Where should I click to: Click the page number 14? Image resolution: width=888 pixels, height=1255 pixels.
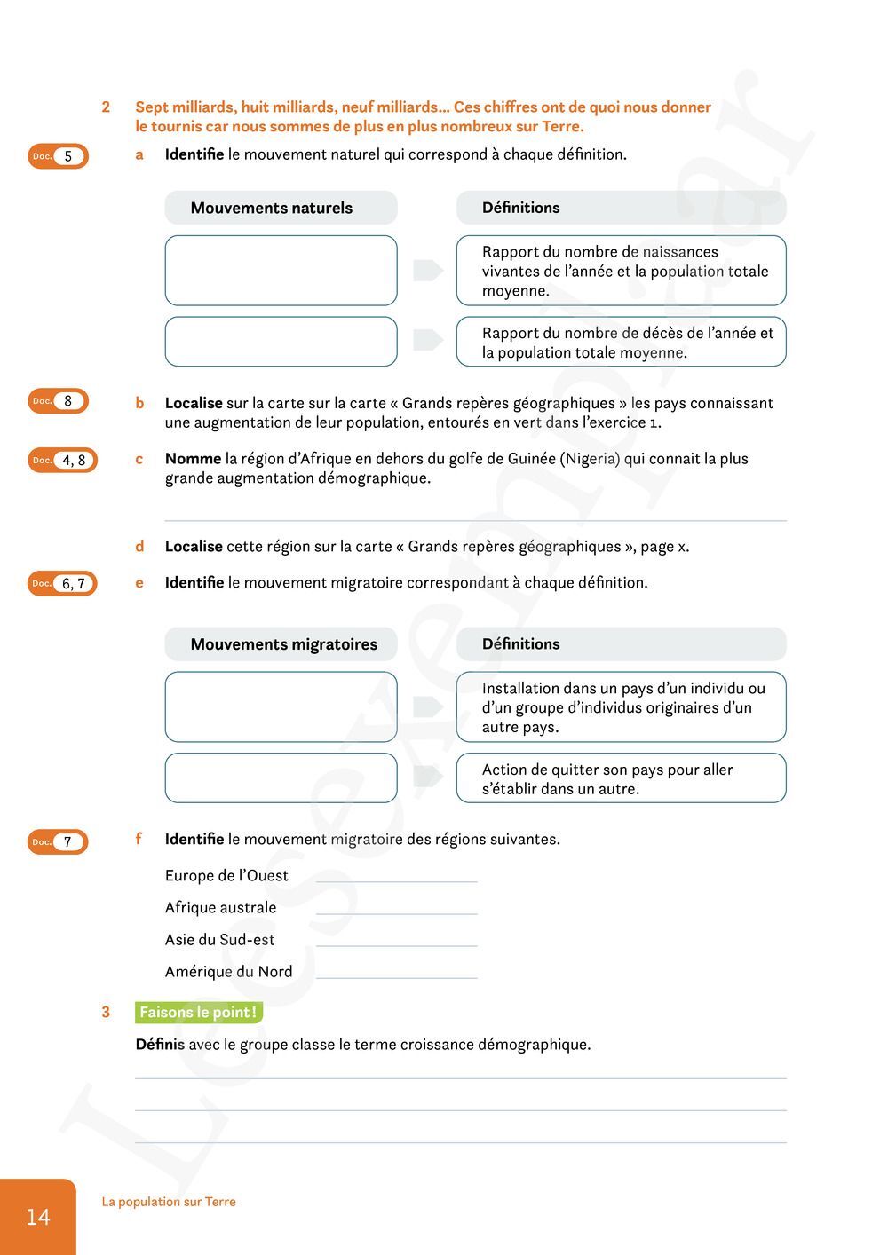point(38,1217)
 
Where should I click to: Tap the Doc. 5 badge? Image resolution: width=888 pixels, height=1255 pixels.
point(58,156)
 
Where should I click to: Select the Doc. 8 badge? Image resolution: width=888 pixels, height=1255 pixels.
point(58,401)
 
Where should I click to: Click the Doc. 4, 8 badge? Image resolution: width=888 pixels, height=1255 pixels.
point(62,460)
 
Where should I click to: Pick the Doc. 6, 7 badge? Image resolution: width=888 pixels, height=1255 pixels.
point(62,583)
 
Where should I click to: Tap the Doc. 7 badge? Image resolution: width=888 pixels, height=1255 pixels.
point(58,841)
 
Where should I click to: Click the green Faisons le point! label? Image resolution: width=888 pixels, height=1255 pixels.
point(199,1012)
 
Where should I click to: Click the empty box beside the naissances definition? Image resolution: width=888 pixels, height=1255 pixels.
point(281,271)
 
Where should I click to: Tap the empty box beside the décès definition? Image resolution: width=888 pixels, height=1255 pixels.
point(281,342)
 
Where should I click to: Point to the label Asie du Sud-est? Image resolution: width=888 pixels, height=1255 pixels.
point(219,939)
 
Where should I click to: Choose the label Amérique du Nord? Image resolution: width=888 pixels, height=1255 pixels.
point(228,971)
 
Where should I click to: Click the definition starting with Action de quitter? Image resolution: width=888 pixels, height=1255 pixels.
point(621,778)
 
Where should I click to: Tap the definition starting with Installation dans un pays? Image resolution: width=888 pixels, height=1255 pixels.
point(621,706)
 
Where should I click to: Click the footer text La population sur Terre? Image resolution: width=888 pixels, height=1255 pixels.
point(169,1202)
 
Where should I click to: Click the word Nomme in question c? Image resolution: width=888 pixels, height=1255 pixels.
point(193,459)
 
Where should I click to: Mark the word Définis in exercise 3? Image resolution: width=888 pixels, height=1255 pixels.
point(160,1044)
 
